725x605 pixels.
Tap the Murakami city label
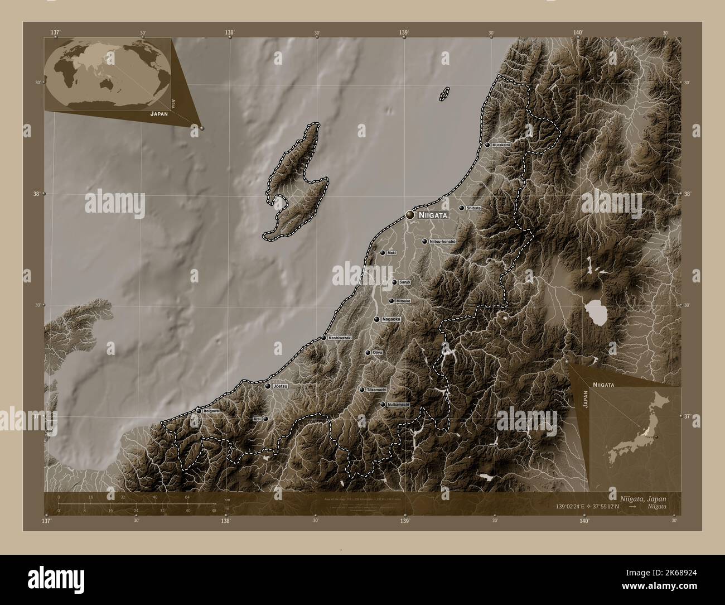click(501, 145)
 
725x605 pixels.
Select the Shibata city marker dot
click(461, 208)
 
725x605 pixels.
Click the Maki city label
click(391, 253)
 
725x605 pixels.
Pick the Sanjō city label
click(404, 282)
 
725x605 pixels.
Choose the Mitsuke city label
click(403, 301)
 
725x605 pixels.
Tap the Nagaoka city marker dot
click(378, 319)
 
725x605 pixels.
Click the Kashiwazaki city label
click(340, 338)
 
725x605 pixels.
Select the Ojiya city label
click(378, 353)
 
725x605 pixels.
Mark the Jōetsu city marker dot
click(268, 386)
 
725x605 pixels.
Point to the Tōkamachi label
click(376, 390)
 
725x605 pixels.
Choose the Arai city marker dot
click(265, 418)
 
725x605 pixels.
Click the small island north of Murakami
click(444, 94)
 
